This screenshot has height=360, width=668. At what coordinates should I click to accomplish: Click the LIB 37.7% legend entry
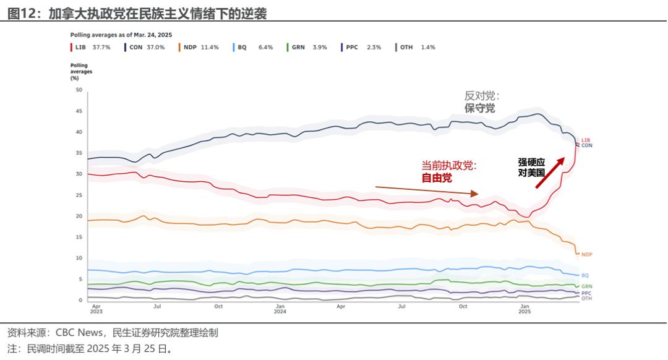click(90, 47)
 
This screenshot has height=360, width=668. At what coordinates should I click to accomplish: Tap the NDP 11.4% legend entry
click(199, 47)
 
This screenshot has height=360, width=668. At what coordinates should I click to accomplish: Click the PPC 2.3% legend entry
click(361, 47)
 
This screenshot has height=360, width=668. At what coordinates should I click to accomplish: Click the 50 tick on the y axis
click(79, 90)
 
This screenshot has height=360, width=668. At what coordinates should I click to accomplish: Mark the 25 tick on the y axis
click(79, 195)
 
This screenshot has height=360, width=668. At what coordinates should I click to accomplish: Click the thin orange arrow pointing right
click(427, 190)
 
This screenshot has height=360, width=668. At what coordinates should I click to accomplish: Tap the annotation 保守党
click(480, 108)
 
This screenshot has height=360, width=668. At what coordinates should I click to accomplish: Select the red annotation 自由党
click(437, 178)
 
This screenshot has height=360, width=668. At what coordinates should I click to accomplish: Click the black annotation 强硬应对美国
click(531, 168)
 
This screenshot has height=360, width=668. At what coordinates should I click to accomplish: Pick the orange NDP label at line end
click(586, 254)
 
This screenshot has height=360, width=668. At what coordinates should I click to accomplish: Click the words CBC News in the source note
click(77, 333)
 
